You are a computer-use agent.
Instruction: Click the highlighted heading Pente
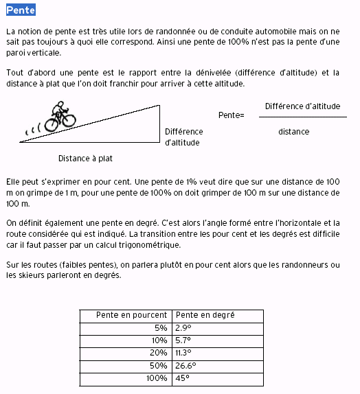20,10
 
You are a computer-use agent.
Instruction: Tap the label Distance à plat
85,158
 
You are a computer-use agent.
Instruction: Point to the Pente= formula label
232,115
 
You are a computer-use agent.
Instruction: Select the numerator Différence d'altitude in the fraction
302,106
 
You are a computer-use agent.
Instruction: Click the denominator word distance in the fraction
293,132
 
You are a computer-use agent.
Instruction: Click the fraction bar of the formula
302,117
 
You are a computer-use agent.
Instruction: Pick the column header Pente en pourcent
125,315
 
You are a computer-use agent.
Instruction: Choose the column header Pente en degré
205,315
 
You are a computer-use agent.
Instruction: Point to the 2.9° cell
183,328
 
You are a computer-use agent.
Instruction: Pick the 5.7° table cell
183,340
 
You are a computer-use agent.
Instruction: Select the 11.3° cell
183,353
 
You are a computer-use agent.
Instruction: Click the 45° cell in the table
182,378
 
